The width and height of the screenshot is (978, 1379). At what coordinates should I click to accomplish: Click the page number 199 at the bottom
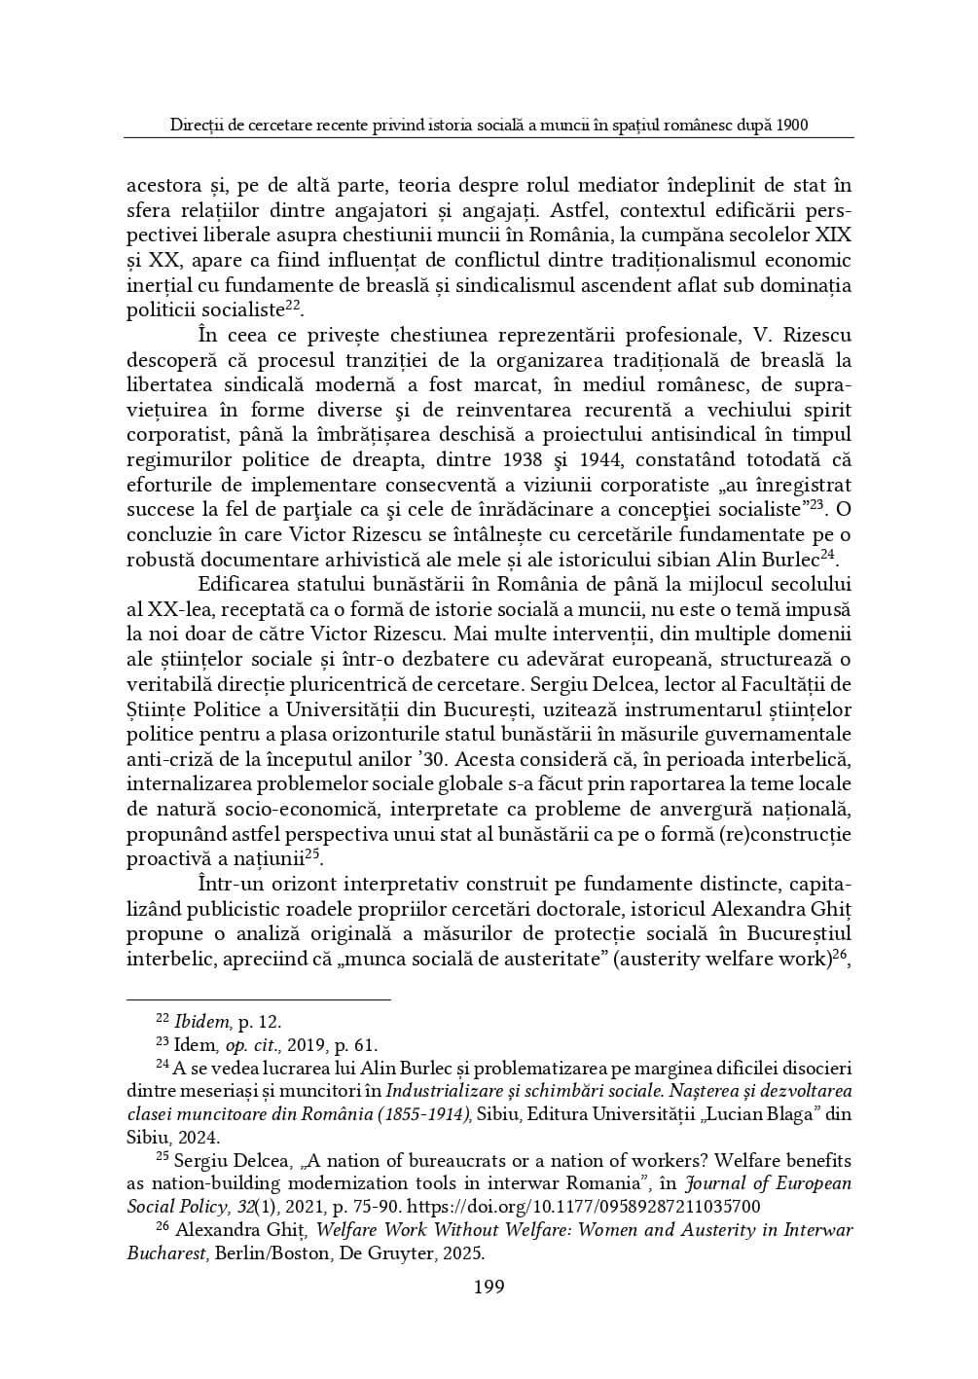click(x=489, y=1288)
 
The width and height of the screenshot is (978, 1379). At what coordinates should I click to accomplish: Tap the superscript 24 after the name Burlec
click(x=827, y=555)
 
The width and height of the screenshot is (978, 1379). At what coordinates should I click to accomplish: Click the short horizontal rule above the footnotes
click(x=259, y=998)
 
